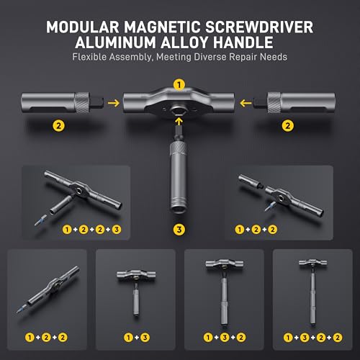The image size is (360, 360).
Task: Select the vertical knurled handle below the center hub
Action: tap(175, 176)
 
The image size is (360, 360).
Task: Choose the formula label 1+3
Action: tap(135, 337)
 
